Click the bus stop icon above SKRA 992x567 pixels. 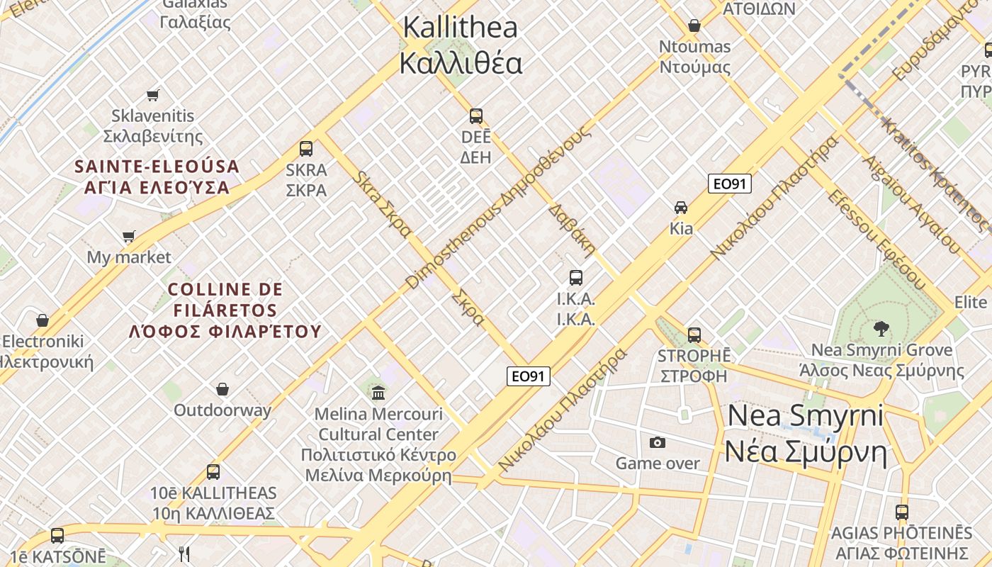tap(306, 149)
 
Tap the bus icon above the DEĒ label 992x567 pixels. tap(476, 116)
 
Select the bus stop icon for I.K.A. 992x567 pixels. tap(576, 278)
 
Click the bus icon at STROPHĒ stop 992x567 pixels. tap(694, 335)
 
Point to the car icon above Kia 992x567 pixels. tap(681, 208)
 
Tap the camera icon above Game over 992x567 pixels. tap(658, 442)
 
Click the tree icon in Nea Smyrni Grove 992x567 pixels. tap(881, 328)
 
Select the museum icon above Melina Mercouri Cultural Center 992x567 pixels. tap(378, 392)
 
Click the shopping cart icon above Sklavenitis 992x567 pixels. tap(152, 95)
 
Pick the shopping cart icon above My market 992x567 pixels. tap(128, 236)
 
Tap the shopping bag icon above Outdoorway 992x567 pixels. tap(222, 389)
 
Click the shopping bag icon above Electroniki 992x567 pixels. tap(43, 320)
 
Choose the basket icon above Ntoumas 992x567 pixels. tap(694, 26)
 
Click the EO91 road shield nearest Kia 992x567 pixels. tap(730, 184)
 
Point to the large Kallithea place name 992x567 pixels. tap(461, 45)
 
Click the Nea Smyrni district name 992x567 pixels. tap(806, 432)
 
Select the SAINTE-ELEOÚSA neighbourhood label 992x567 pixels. tap(157, 176)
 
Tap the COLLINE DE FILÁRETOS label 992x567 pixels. tap(225, 310)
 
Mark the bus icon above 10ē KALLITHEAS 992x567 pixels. tap(213, 472)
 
